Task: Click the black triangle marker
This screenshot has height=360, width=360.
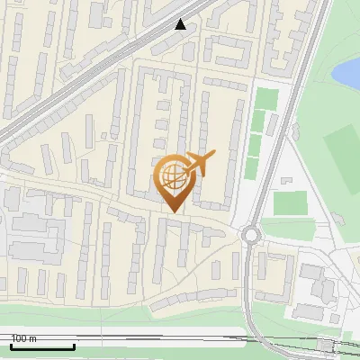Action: (181, 24)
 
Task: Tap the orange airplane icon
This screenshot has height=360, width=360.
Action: (199, 163)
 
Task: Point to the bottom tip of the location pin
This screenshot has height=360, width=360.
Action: (172, 212)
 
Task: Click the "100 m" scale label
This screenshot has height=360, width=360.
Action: (24, 338)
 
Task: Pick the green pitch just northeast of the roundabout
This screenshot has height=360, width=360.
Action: (289, 203)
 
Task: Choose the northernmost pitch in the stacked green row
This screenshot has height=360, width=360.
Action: (264, 98)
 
